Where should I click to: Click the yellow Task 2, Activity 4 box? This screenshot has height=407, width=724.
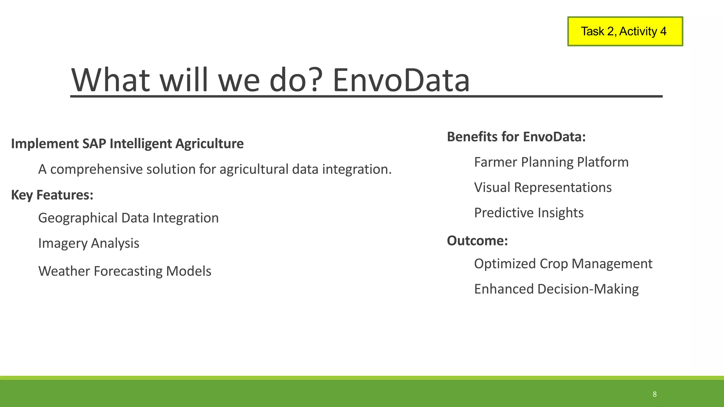(x=625, y=31)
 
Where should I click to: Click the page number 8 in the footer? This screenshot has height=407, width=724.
(x=654, y=394)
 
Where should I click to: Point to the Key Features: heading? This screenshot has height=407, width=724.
(x=52, y=195)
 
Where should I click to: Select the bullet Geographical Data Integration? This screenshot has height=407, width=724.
(x=128, y=218)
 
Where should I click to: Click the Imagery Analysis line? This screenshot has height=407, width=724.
(x=89, y=243)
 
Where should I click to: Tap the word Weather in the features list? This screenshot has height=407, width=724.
(x=64, y=271)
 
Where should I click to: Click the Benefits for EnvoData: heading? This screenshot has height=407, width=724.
(x=516, y=137)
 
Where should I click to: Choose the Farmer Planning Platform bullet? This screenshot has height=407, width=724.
(x=551, y=162)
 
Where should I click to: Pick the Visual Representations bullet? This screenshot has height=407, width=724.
(x=543, y=188)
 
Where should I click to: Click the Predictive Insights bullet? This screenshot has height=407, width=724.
(x=529, y=213)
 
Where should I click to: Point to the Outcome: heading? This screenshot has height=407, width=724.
(x=477, y=241)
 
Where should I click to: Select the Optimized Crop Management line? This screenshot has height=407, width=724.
(x=563, y=264)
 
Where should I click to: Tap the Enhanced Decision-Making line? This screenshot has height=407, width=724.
(x=556, y=289)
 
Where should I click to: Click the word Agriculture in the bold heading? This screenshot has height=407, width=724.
(x=209, y=144)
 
